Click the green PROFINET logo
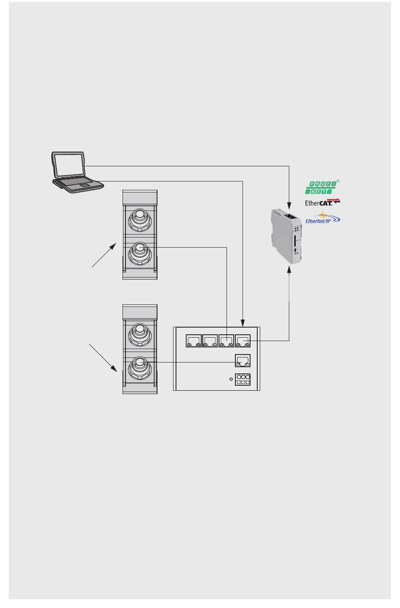[x=323, y=187]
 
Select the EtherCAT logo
[x=322, y=202]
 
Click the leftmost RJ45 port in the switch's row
[x=194, y=341]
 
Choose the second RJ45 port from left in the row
[x=210, y=341]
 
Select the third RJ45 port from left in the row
[x=226, y=341]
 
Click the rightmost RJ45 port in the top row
[x=243, y=341]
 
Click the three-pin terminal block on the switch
[x=243, y=379]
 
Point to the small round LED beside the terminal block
[x=231, y=379]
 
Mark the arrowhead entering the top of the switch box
[x=243, y=323]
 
